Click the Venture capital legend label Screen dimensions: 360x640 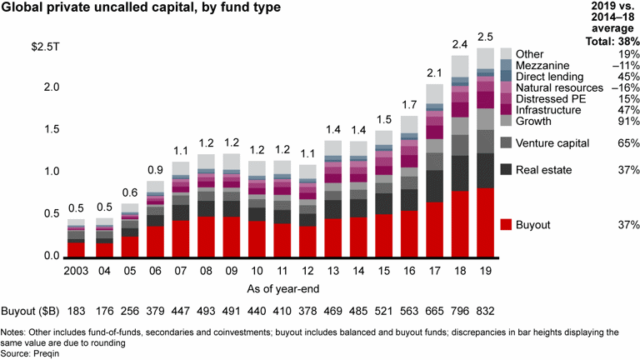pos(557,142)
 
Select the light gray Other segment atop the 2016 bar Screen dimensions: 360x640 pos(408,125)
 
